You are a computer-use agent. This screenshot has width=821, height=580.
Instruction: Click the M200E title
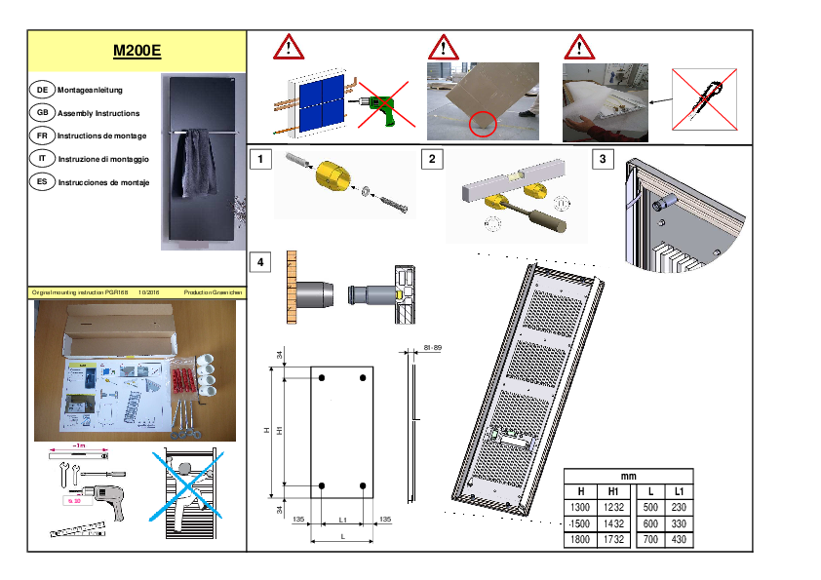(137, 52)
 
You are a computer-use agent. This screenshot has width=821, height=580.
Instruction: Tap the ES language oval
(42, 182)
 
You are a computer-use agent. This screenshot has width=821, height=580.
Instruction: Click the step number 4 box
(259, 262)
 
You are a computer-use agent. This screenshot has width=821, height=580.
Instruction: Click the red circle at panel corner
(482, 123)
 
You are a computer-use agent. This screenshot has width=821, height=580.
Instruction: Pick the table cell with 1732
(613, 539)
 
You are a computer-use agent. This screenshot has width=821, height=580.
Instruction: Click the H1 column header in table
(613, 491)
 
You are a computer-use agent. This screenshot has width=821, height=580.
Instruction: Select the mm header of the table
(629, 476)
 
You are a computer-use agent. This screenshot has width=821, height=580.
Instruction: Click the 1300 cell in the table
(581, 507)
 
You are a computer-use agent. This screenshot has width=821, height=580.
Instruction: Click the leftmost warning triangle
(288, 47)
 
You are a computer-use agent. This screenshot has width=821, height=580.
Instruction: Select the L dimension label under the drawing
(342, 537)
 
